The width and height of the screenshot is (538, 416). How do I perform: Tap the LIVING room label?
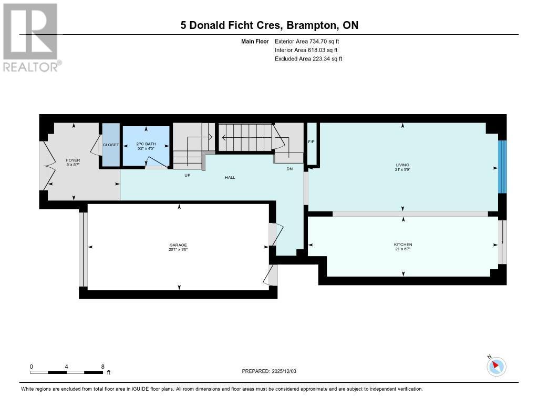[403, 165]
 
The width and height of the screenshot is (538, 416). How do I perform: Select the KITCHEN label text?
[403, 245]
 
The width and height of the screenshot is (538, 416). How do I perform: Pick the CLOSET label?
[111, 145]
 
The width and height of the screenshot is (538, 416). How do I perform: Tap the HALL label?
[230, 177]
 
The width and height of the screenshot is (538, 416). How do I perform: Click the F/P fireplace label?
[311, 141]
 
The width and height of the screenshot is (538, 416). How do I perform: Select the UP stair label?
[187, 175]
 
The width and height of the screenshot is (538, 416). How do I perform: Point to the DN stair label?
[289, 169]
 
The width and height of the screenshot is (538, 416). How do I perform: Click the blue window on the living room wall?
[502, 167]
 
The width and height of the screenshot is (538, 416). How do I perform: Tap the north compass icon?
[496, 366]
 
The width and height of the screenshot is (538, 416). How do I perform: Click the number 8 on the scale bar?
[102, 366]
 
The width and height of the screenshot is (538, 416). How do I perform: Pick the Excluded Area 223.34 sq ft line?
[308, 59]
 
